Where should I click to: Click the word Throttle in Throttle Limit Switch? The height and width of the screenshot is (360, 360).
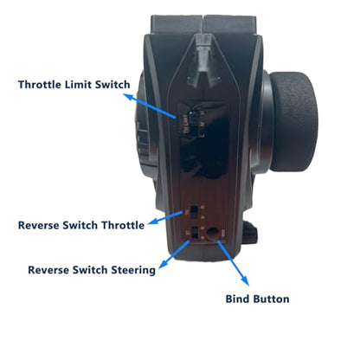tap(40, 85)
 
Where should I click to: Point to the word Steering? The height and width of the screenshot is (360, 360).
tap(133, 270)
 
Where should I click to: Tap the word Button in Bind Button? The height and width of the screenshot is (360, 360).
tap(270, 299)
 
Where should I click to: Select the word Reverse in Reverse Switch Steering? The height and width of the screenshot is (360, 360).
tap(48, 270)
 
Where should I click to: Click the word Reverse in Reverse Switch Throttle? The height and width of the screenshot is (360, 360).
tap(39, 225)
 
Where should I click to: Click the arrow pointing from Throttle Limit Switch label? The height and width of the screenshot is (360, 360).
tap(150, 106)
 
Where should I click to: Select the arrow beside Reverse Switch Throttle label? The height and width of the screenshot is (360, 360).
tap(165, 218)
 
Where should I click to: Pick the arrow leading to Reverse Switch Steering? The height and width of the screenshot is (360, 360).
tap(174, 254)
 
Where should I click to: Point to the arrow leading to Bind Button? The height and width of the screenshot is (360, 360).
tap(233, 263)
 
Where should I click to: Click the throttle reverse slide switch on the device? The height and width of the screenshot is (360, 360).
tap(194, 212)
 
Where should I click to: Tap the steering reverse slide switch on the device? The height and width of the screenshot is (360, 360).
tap(195, 233)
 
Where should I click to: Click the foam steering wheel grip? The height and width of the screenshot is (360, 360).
tap(293, 121)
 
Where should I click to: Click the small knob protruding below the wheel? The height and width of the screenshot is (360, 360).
tap(250, 233)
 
